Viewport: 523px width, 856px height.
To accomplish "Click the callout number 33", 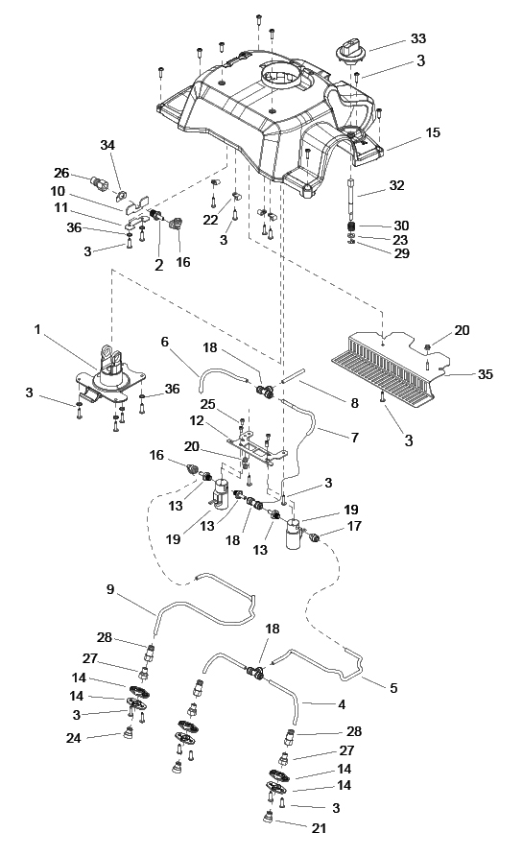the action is pyautogui.click(x=418, y=38).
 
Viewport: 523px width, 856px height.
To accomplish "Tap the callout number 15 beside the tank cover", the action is pyautogui.click(x=433, y=132).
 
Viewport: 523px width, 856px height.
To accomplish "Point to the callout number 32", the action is pyautogui.click(x=396, y=185).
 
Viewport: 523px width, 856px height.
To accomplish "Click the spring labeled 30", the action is pyautogui.click(x=352, y=226).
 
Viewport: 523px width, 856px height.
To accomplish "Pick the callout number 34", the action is pyautogui.click(x=107, y=145).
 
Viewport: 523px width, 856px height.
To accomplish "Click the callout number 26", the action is pyautogui.click(x=61, y=173).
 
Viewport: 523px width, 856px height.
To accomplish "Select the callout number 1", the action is pyautogui.click(x=37, y=330).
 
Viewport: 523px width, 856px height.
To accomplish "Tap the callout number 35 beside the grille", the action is pyautogui.click(x=485, y=374).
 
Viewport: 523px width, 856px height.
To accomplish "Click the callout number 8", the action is pyautogui.click(x=354, y=403).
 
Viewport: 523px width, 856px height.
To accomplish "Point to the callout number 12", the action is pyautogui.click(x=197, y=421).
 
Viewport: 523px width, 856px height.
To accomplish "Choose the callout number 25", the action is pyautogui.click(x=207, y=405).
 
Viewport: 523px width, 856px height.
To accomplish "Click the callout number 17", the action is pyautogui.click(x=354, y=526).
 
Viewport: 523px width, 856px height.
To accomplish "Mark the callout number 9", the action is pyautogui.click(x=110, y=589).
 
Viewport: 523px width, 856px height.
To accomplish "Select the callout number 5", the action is pyautogui.click(x=393, y=688).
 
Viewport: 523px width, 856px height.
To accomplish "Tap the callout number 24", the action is pyautogui.click(x=73, y=738).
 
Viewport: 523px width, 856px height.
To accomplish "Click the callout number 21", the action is pyautogui.click(x=319, y=828).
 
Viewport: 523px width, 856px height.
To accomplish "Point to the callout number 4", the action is pyautogui.click(x=342, y=704).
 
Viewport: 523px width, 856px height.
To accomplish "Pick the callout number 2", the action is pyautogui.click(x=159, y=265).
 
